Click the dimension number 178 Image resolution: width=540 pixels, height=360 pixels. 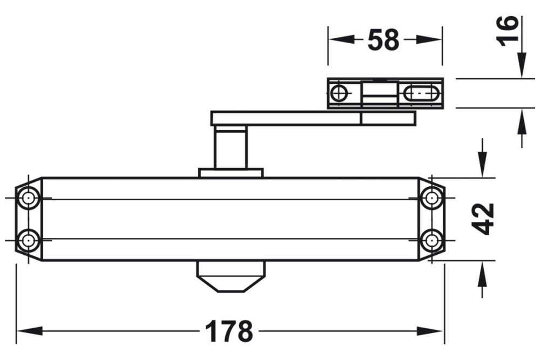(x=229, y=331)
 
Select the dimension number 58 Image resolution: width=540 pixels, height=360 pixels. (x=383, y=40)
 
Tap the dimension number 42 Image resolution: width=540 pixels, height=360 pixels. (x=482, y=219)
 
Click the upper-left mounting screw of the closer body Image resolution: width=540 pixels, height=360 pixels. (x=28, y=199)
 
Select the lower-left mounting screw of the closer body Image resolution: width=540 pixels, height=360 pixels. (x=28, y=239)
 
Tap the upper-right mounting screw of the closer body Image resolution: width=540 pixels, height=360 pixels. (x=431, y=199)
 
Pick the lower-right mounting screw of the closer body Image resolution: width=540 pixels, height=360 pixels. (x=431, y=239)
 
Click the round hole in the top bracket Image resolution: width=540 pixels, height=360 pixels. (x=340, y=93)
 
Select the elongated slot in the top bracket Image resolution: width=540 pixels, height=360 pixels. (x=421, y=93)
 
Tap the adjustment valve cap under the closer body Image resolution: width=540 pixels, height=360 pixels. (x=231, y=276)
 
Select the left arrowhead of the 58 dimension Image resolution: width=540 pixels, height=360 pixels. (x=340, y=40)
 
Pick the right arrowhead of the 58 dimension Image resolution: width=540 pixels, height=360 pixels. (x=431, y=40)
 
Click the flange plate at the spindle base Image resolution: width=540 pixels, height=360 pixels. (x=231, y=173)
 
